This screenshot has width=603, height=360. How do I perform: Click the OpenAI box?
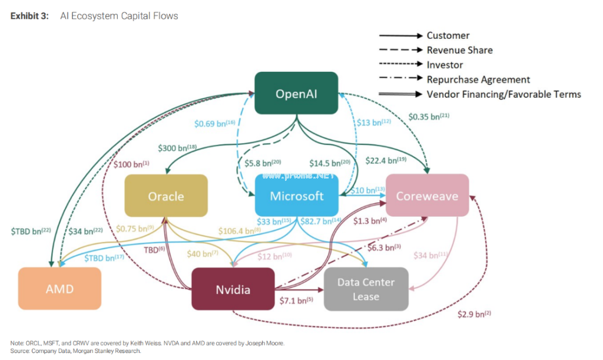[296, 94]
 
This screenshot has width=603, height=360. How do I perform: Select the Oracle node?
[166, 196]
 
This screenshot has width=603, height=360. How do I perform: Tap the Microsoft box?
[297, 196]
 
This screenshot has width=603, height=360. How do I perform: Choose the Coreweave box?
[427, 196]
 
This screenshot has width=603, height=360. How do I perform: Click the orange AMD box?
[59, 289]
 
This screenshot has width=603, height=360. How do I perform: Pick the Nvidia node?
[233, 289]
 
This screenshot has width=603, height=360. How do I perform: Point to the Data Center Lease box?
[366, 289]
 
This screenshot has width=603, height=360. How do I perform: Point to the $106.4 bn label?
[239, 230]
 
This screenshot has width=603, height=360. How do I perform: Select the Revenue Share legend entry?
[459, 50]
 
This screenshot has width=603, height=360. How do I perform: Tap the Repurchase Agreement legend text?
[478, 80]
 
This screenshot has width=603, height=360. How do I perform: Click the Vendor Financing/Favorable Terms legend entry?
[503, 94]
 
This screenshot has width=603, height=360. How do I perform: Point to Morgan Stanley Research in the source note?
[112, 351]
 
